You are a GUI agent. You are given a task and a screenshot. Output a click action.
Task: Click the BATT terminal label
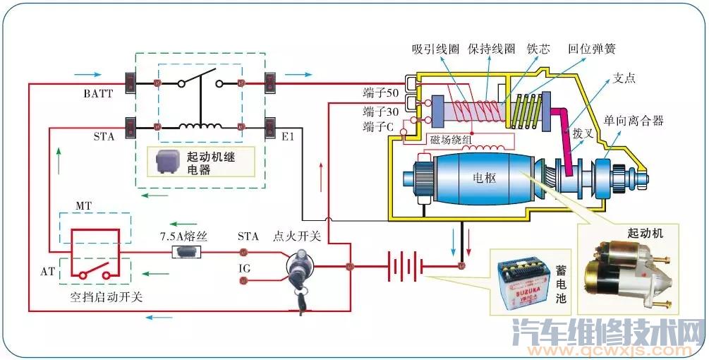click(x=98, y=93)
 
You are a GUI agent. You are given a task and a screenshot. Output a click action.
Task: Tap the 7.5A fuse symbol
click(x=187, y=252)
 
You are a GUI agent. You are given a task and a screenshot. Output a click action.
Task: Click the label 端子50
click(x=381, y=92)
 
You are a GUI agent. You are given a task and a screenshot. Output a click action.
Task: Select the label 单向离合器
click(x=634, y=121)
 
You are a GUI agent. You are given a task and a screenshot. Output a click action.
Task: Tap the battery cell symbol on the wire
click(x=404, y=267)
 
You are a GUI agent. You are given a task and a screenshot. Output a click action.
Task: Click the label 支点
click(x=624, y=78)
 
